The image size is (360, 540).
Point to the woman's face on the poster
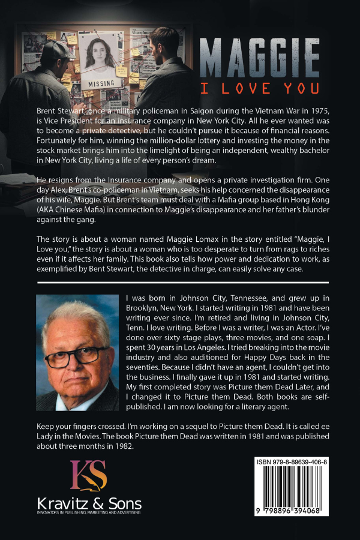[101, 54]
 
